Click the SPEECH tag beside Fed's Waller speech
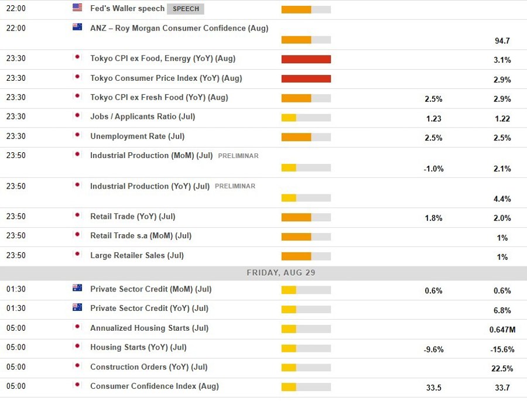185,9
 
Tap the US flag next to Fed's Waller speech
77,8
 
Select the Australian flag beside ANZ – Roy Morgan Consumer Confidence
77,27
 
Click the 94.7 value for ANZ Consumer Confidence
502,41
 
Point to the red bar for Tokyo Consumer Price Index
306,79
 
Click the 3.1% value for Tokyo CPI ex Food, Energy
502,60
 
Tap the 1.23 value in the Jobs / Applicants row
433,119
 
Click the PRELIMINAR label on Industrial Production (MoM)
238,156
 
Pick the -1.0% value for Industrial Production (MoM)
433,169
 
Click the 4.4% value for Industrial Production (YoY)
502,199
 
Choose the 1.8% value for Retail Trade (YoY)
433,218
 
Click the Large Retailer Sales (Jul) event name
136,255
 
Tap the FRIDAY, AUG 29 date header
281,273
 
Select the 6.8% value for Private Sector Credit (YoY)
502,310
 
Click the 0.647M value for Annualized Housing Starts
502,330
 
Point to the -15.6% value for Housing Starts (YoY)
502,349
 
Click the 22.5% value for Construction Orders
502,369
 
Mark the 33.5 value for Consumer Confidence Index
433,388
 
